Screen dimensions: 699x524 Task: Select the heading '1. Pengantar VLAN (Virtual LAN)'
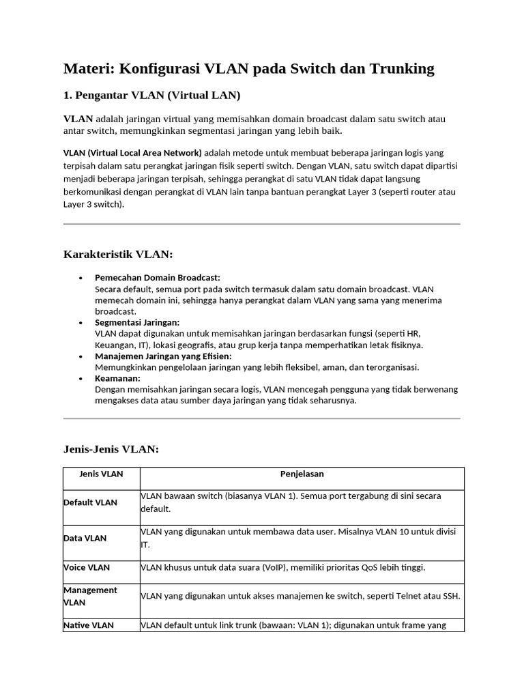[152, 94]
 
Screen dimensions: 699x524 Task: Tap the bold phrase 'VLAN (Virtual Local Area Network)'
[132, 152]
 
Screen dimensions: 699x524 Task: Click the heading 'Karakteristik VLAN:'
[118, 255]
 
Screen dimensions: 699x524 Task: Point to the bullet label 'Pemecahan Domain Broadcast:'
[158, 278]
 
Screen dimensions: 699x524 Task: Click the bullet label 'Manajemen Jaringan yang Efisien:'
[163, 356]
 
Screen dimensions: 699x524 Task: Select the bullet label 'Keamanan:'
[117, 378]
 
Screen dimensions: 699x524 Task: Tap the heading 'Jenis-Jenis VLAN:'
[111, 449]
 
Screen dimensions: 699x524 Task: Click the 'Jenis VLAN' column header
[101, 474]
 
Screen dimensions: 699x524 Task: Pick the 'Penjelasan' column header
[302, 474]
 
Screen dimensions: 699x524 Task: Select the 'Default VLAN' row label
[90, 502]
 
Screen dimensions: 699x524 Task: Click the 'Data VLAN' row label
[85, 538]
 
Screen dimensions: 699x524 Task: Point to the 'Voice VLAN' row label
[87, 567]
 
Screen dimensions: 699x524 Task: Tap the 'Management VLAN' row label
[90, 596]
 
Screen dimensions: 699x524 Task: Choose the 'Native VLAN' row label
[89, 625]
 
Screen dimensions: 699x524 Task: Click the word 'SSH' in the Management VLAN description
[451, 596]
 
